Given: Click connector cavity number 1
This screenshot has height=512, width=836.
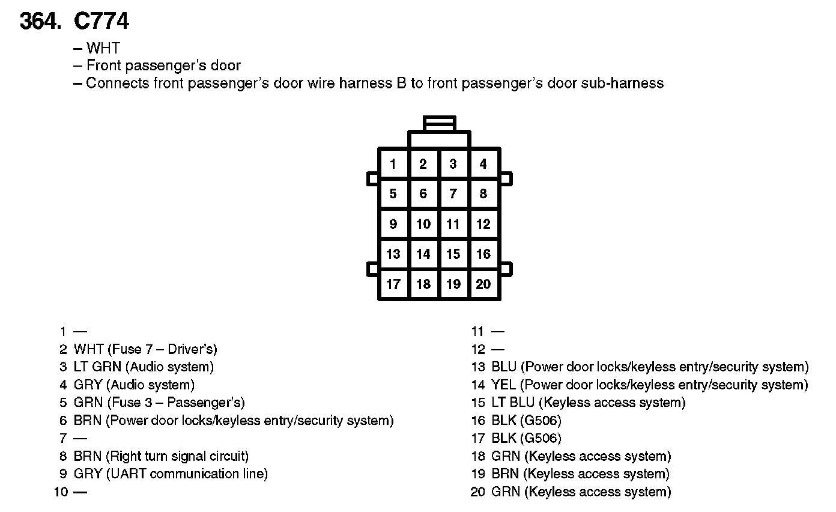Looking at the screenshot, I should coord(393,163).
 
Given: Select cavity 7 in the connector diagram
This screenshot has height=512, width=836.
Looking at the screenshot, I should coord(453,194).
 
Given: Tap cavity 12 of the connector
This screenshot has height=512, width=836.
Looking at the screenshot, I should coord(483,224).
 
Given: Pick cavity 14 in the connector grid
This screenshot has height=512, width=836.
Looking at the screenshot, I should coord(423,254).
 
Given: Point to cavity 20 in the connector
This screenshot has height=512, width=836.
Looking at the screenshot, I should coord(483,284).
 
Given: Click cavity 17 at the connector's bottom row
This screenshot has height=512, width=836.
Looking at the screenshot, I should coord(393,284).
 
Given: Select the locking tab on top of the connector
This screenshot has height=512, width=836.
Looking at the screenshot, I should coord(440,124).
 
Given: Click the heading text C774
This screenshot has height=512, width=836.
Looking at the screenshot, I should coord(101,22).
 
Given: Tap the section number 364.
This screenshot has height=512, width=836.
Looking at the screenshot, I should coord(41,22).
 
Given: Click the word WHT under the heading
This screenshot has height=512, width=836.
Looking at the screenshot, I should coord(103,48).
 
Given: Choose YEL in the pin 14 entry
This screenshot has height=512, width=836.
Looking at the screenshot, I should coord(503,385).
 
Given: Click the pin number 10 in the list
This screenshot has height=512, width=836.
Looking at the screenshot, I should coord(61,492).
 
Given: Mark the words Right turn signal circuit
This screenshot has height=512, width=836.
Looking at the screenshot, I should coord(178,456).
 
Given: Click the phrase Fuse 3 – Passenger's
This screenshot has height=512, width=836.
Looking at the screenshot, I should coord(175,403).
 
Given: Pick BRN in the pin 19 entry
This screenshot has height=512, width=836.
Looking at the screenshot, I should coord(505,474).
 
